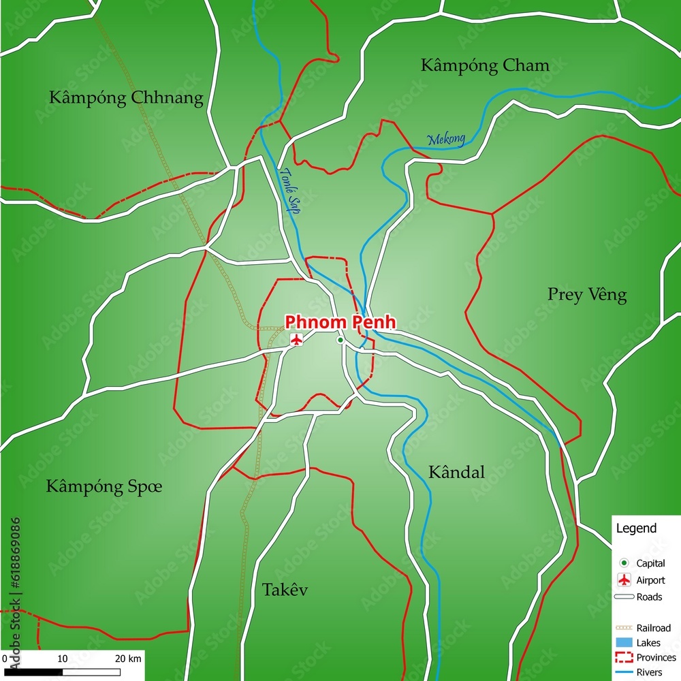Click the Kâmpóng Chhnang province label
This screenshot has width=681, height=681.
(x=126, y=98)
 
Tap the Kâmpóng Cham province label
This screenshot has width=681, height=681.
(x=485, y=65)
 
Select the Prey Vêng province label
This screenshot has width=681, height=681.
(x=587, y=295)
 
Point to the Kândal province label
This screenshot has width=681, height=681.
(x=456, y=472)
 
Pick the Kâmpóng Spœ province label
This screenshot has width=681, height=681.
(x=104, y=486)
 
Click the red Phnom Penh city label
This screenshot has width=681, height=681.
(x=340, y=321)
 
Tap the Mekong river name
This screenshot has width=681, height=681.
(x=446, y=140)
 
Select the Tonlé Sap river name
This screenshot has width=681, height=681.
(x=289, y=191)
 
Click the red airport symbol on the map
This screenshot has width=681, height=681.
(x=296, y=339)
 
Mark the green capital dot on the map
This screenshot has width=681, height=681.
(x=340, y=340)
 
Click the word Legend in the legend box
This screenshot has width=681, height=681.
(x=636, y=528)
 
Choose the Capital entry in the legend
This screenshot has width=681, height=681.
(x=650, y=563)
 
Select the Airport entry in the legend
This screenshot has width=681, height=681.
(x=650, y=580)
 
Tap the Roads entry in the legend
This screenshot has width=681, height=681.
(x=649, y=597)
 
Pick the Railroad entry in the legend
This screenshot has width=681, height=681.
(x=653, y=627)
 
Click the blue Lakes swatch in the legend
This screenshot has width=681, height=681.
(x=623, y=642)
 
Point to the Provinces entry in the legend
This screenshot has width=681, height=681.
(x=656, y=657)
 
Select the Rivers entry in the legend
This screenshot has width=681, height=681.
(x=649, y=672)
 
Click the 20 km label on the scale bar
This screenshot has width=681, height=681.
(x=128, y=659)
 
